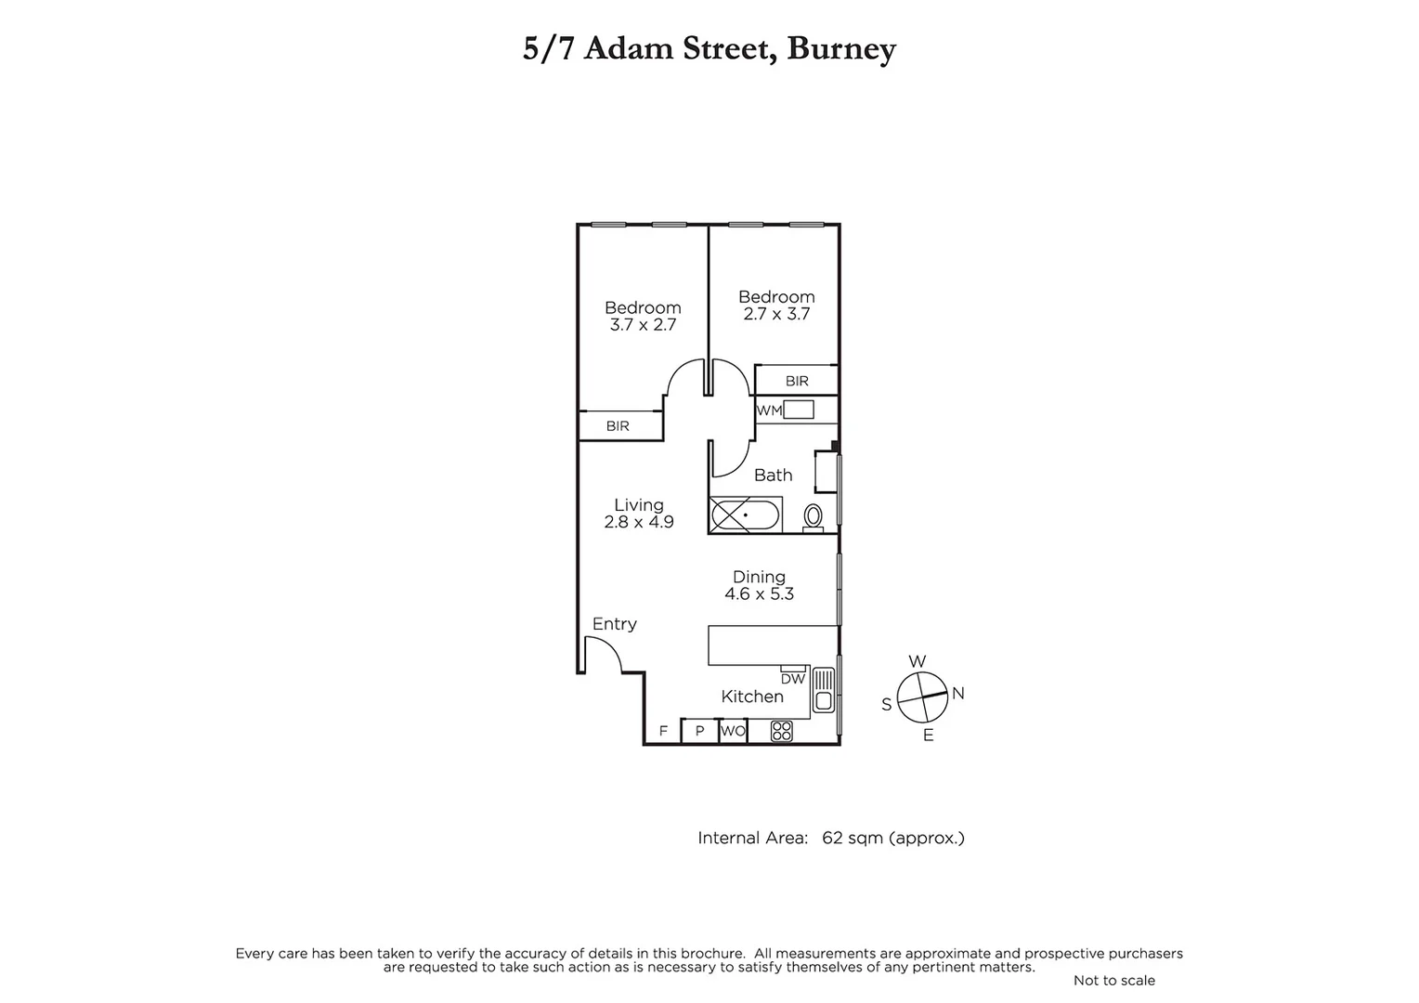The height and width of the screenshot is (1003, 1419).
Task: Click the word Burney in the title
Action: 840,48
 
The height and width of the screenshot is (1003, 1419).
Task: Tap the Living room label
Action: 639,505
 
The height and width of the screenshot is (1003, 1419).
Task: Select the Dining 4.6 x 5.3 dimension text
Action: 760,594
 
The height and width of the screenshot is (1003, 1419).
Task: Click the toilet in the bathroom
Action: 813,516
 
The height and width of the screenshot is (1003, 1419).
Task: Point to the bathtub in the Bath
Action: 746,515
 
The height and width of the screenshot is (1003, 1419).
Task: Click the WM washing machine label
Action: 768,410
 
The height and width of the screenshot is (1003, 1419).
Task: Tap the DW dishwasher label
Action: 792,679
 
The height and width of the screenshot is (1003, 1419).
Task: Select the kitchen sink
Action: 823,689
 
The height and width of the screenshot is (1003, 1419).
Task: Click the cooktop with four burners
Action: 782,731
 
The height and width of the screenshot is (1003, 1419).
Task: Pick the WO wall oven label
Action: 733,731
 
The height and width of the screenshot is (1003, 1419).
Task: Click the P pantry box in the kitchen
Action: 700,731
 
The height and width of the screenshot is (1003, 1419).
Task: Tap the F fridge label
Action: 663,731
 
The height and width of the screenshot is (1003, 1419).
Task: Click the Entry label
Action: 615,624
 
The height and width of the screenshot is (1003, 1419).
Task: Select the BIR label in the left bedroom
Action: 618,426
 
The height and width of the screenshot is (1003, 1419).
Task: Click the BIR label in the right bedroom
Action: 797,381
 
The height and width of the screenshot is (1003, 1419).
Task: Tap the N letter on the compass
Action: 958,693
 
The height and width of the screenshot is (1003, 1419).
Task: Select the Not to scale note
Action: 1113,980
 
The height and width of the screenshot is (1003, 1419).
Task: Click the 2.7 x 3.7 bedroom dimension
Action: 776,314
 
